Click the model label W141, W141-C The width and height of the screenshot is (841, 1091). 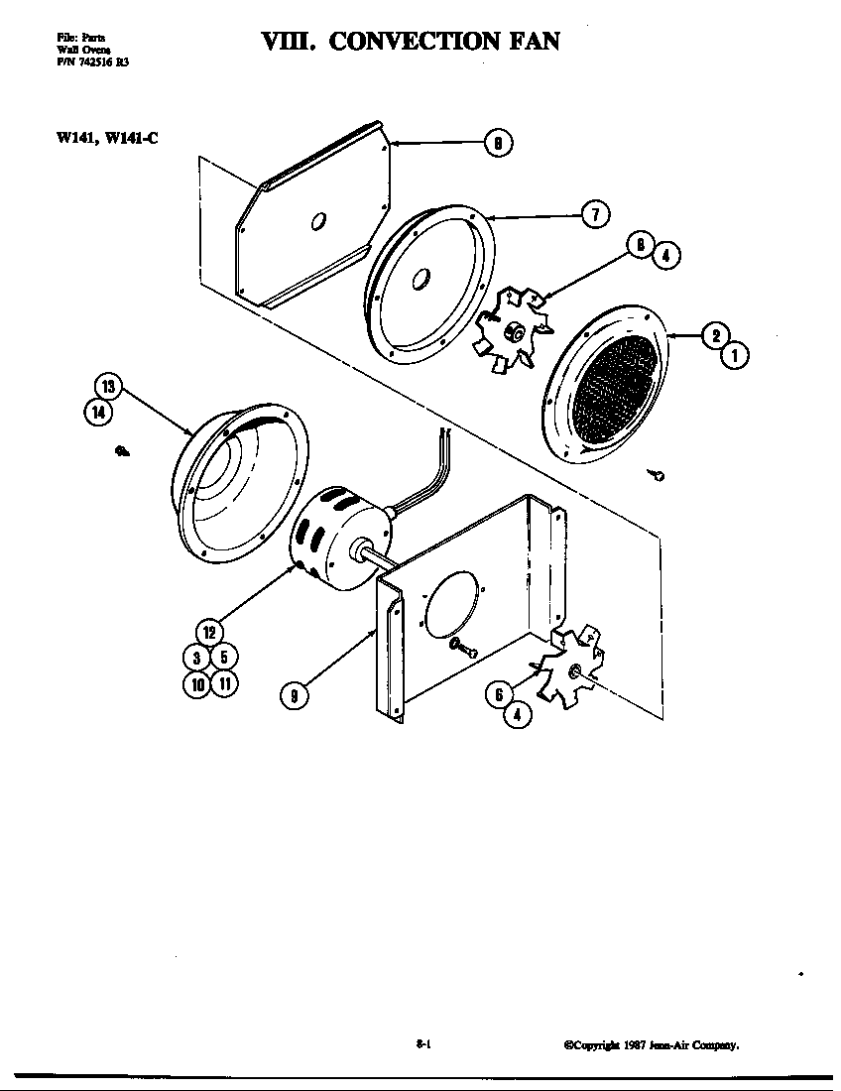[107, 137]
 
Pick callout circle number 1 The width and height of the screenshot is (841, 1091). [735, 354]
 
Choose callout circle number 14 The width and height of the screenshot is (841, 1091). [97, 413]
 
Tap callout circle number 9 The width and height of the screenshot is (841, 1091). [295, 697]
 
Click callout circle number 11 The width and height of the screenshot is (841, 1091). [224, 682]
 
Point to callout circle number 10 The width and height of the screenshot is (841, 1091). [197, 682]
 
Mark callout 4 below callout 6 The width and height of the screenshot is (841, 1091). [517, 713]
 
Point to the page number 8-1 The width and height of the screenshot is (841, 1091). [421, 1043]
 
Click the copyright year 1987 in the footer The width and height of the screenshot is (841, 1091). [635, 1044]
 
